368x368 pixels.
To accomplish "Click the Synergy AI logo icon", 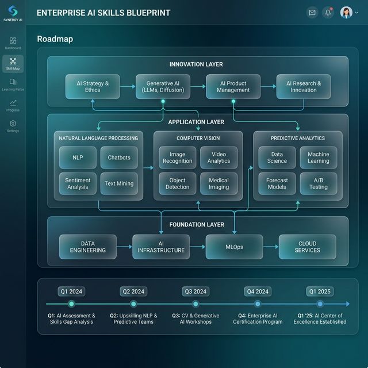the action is [x=13, y=11].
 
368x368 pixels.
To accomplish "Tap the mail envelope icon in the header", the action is [x=312, y=13].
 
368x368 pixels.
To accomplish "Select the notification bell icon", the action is [x=328, y=13].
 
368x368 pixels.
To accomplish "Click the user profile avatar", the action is [x=346, y=13].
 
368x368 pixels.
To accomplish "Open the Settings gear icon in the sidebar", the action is [x=13, y=124].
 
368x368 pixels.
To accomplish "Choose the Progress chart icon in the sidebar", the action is [x=13, y=102].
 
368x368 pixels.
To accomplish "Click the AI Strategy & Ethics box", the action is [x=93, y=87].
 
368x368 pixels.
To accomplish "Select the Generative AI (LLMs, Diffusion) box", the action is [x=163, y=87].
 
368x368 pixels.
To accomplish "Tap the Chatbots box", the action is [x=119, y=158].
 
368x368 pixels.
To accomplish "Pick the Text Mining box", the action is [x=119, y=183].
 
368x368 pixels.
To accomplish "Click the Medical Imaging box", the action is [x=218, y=183].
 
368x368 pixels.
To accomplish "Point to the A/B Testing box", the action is [x=319, y=183].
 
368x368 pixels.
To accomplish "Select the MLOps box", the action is [x=234, y=247].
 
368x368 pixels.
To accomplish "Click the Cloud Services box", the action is [x=308, y=247].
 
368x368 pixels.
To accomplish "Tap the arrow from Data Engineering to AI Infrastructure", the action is [x=124, y=247].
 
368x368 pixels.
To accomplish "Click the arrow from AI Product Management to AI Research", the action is [x=269, y=86].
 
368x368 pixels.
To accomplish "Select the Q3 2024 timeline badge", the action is [x=195, y=292].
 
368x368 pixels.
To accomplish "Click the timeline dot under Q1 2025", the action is [x=320, y=304].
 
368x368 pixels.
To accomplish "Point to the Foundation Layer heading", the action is [x=197, y=225].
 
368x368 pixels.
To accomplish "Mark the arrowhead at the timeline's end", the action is [x=348, y=304].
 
